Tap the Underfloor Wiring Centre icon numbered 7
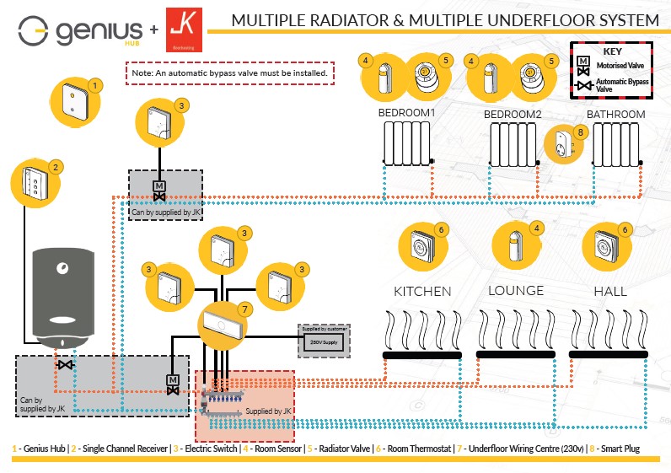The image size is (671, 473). pyautogui.click(x=223, y=324)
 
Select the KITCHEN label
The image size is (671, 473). pyautogui.click(x=422, y=291)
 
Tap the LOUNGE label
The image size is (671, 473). pyautogui.click(x=516, y=291)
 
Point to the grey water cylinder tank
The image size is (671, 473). pyautogui.click(x=62, y=295)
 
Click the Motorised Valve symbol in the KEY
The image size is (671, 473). pyautogui.click(x=582, y=63)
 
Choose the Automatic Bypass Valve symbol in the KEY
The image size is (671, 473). pyautogui.click(x=582, y=84)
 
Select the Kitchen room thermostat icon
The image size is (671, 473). pyautogui.click(x=421, y=246)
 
